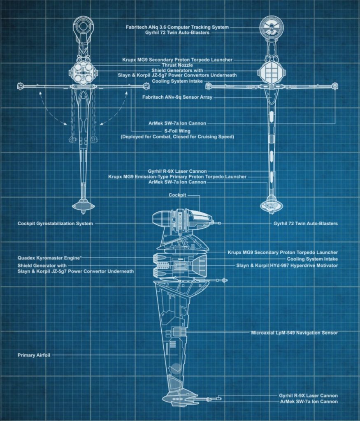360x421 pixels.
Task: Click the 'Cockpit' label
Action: (177, 195)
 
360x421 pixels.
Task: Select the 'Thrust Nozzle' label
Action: (177, 65)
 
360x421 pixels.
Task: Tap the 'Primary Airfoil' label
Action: (34, 355)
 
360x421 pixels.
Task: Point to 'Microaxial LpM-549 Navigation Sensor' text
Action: (295, 333)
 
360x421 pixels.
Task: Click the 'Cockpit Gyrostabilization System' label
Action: (55, 223)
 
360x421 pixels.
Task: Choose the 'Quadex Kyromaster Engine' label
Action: (49, 258)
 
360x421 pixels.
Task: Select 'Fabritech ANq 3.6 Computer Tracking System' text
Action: (177, 27)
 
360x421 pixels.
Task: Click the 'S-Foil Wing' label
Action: (177, 131)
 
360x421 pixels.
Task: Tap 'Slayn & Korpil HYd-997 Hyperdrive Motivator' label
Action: (287, 265)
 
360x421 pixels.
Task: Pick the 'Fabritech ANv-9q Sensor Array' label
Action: (177, 97)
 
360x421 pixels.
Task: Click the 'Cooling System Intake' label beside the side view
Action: (312, 259)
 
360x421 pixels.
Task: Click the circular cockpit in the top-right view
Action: (272, 28)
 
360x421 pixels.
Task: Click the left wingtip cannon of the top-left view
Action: (20, 86)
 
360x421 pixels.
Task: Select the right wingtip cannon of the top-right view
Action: (335, 86)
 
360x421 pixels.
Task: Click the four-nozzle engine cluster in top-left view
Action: (83, 73)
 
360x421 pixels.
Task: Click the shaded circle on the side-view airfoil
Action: (176, 369)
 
